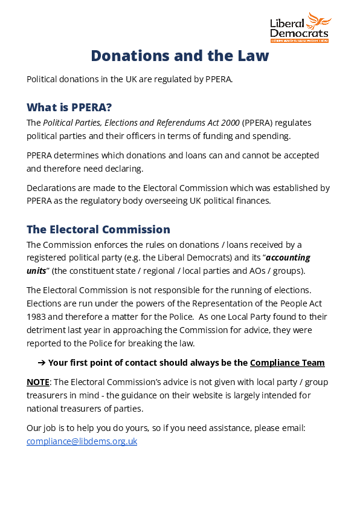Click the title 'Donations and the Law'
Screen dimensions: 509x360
click(180, 56)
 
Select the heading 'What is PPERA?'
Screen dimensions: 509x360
click(69, 108)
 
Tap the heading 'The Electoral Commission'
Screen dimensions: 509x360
click(98, 230)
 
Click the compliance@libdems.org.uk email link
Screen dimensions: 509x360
click(82, 441)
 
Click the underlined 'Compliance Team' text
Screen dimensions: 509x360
click(287, 363)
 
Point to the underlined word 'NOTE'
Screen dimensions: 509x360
click(38, 382)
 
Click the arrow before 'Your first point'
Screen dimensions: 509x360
click(42, 363)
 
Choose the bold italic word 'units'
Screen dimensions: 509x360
click(36, 271)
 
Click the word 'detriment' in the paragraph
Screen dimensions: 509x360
click(46, 330)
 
